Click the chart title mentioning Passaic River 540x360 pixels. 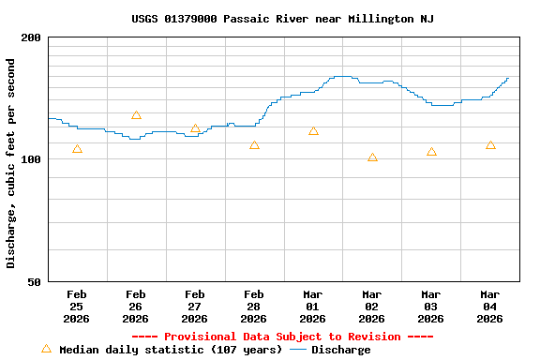(282, 19)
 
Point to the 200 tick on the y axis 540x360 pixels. (31, 37)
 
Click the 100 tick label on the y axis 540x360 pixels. (31, 159)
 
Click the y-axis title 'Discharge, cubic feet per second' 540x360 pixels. (11, 163)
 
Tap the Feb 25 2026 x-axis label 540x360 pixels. (77, 307)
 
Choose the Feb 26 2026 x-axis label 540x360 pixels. (136, 307)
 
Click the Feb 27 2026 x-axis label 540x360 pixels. (195, 307)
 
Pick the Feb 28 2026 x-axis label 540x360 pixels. (254, 307)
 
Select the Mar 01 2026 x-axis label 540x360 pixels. (313, 307)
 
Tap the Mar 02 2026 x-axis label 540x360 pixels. (372, 307)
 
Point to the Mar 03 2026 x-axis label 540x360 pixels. (431, 307)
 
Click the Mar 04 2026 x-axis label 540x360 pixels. (490, 307)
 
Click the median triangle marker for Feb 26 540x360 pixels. (136, 115)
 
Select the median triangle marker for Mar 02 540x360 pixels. (372, 157)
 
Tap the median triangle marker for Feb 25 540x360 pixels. (77, 149)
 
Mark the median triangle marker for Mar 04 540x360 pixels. (490, 145)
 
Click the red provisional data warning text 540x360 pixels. (282, 337)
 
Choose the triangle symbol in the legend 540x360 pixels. (46, 349)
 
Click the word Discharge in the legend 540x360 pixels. (340, 350)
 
